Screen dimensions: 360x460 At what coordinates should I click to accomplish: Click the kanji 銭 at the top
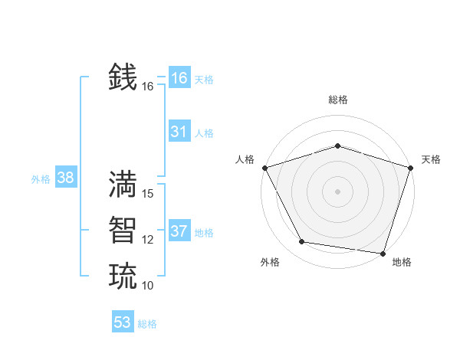pyautogui.click(x=123, y=77)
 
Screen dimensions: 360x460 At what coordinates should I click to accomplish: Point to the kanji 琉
pyautogui.click(x=123, y=276)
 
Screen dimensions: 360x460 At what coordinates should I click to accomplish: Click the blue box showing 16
pyautogui.click(x=179, y=78)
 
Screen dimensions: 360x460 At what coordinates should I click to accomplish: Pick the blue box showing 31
pyautogui.click(x=179, y=132)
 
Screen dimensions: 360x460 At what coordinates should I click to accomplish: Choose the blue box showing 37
pyautogui.click(x=179, y=231)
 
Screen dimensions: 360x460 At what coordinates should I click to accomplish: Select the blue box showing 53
pyautogui.click(x=123, y=322)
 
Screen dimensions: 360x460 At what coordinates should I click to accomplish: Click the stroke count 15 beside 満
pyautogui.click(x=149, y=194)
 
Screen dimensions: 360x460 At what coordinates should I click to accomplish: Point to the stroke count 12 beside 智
pyautogui.click(x=148, y=240)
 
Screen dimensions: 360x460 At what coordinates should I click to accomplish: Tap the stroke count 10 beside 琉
pyautogui.click(x=148, y=286)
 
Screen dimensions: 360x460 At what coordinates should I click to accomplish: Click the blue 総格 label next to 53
pyautogui.click(x=147, y=324)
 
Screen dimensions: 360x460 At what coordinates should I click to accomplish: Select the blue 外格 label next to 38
pyautogui.click(x=41, y=179)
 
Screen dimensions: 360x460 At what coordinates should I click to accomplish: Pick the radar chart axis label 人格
pyautogui.click(x=245, y=159)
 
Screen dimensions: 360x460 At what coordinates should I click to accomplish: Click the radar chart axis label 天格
pyautogui.click(x=431, y=159)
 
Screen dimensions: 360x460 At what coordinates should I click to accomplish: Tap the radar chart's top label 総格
pyautogui.click(x=338, y=100)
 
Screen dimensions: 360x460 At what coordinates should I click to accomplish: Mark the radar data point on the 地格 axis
pyautogui.click(x=383, y=253)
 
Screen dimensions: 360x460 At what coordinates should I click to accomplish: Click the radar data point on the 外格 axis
pyautogui.click(x=302, y=242)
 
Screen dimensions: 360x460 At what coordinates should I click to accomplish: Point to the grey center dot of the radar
pyautogui.click(x=337, y=191)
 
